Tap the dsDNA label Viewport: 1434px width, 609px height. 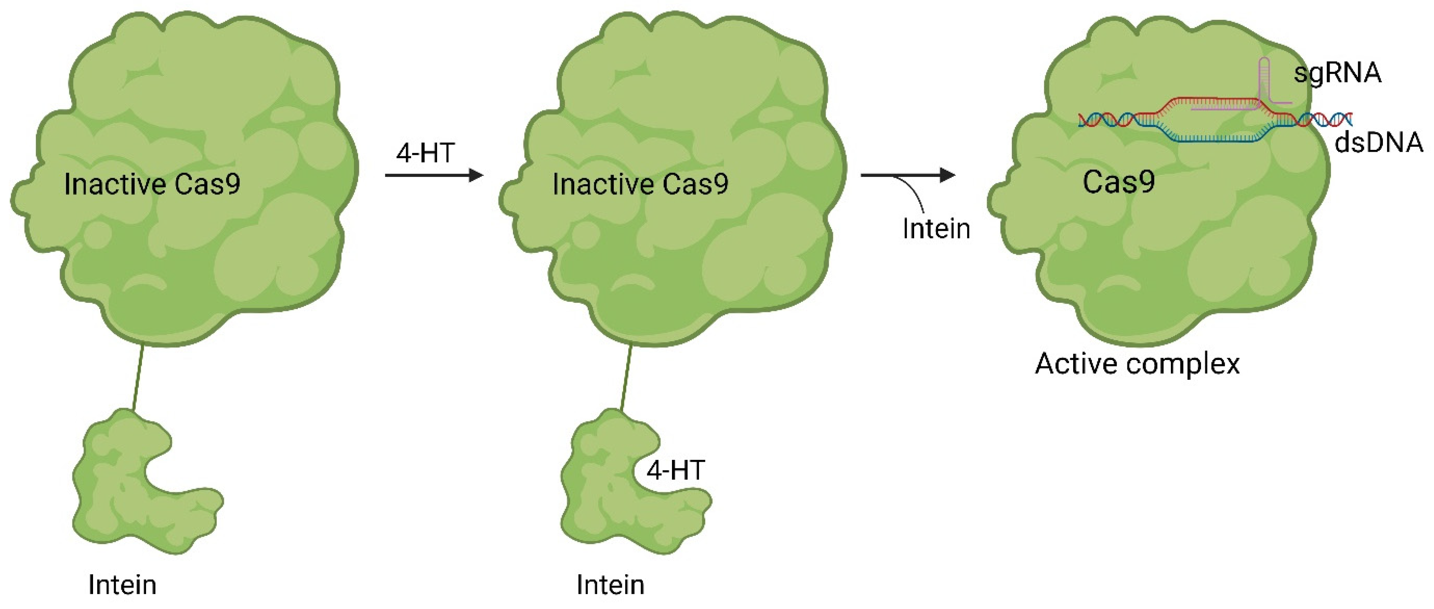[1379, 143]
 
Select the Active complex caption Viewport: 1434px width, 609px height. [1137, 365]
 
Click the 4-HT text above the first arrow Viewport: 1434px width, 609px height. [425, 153]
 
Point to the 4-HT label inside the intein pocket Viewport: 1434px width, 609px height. [675, 471]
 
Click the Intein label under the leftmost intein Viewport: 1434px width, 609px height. [122, 585]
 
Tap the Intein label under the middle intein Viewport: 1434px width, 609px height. [611, 585]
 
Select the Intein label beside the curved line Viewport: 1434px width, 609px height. [936, 229]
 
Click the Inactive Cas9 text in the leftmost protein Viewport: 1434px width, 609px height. [152, 184]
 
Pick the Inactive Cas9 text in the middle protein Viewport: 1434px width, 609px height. [640, 184]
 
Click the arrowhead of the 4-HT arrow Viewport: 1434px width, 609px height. [476, 175]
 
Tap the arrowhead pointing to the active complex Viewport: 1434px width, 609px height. [947, 175]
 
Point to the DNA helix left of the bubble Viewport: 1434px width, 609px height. [1108, 119]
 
